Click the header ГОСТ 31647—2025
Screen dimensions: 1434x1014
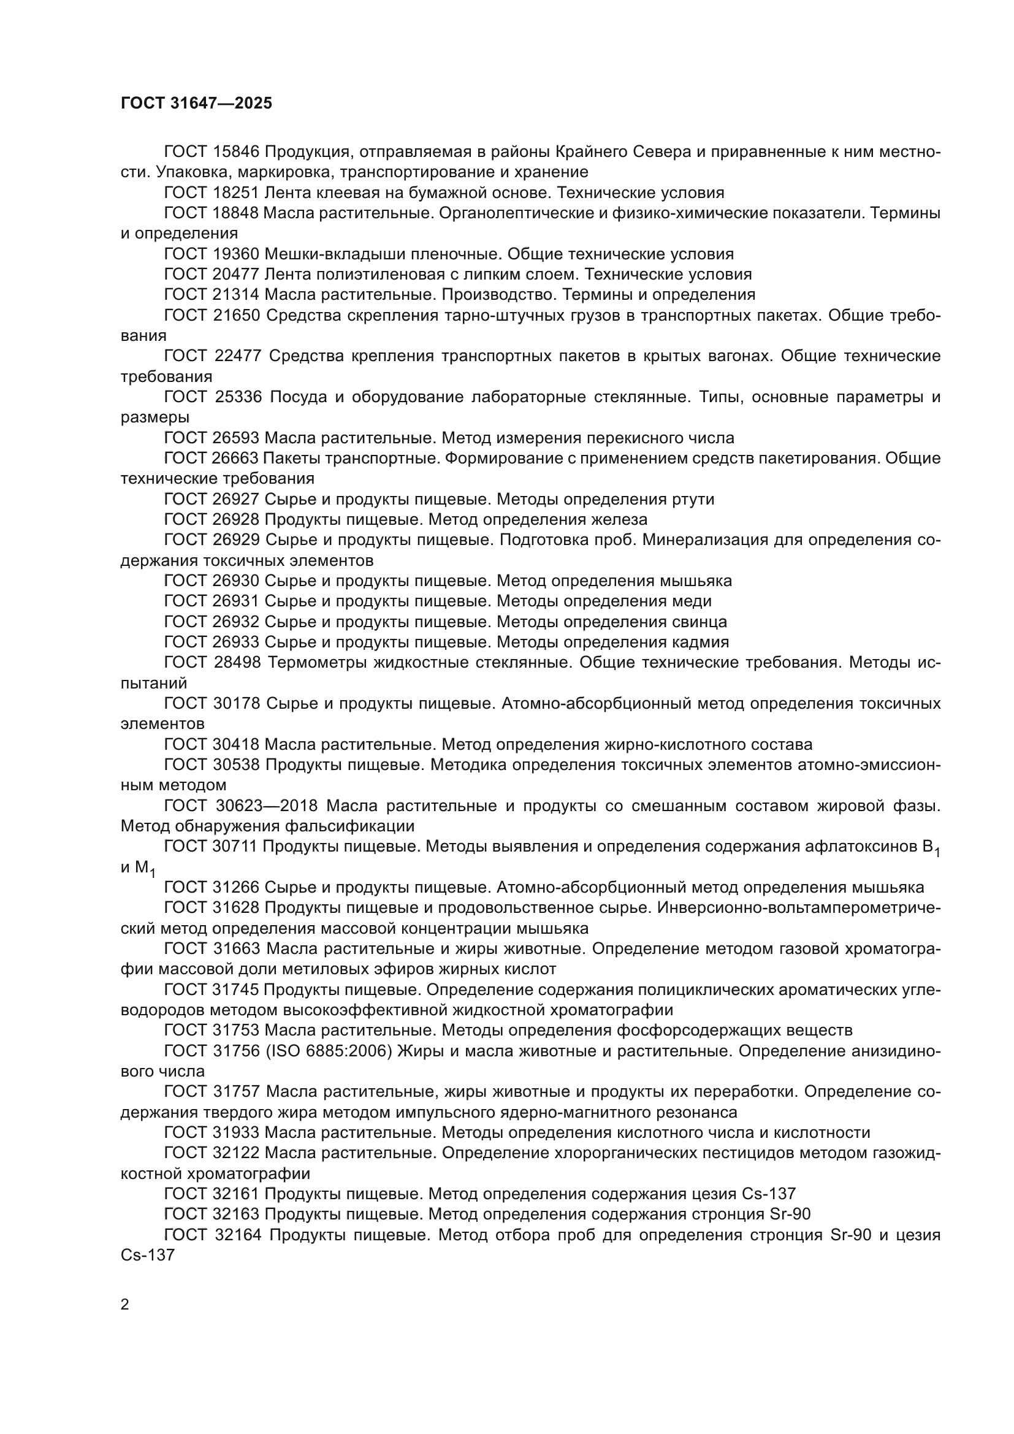[196, 103]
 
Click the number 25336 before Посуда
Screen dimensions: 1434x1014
[238, 397]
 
